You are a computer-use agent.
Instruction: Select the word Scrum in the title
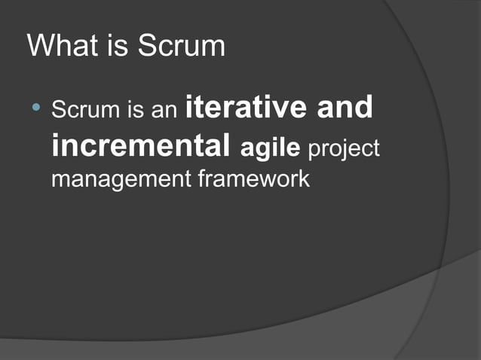[x=181, y=46]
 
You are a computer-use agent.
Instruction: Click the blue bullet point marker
[x=35, y=111]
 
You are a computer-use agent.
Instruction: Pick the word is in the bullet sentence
[x=136, y=111]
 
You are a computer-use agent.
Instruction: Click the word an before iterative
[x=165, y=111]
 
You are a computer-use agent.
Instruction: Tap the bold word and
[x=344, y=108]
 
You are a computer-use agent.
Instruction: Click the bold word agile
[x=271, y=148]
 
